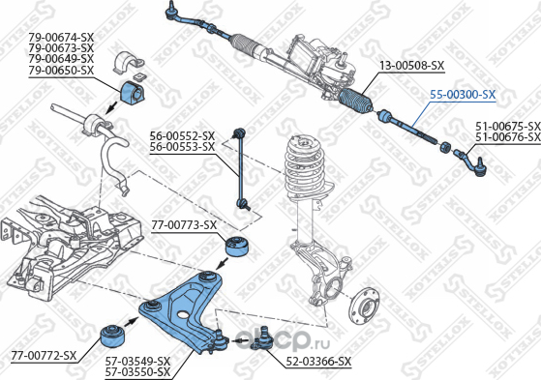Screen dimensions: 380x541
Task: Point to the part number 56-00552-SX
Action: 181,135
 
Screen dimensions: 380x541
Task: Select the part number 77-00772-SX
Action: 43,355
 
